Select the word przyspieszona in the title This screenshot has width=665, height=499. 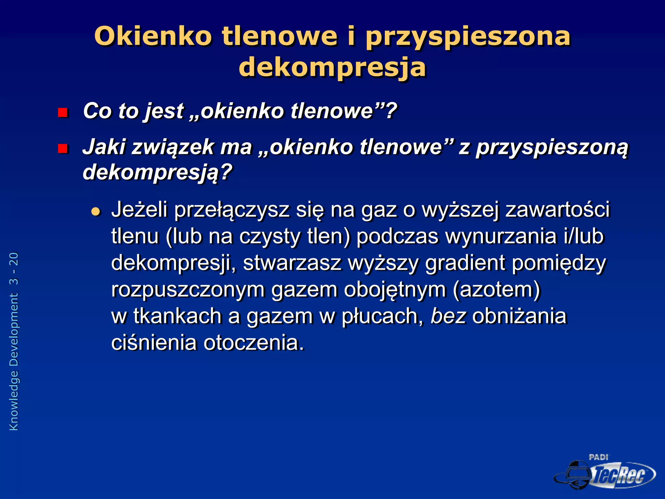pyautogui.click(x=468, y=36)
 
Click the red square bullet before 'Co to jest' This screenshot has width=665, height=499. pyautogui.click(x=62, y=112)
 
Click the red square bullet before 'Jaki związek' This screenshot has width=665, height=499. pyautogui.click(x=62, y=148)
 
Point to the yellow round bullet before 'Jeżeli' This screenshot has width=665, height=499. pyautogui.click(x=96, y=212)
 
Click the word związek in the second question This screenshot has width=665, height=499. pyautogui.click(x=173, y=147)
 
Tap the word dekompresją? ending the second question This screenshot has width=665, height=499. pyautogui.click(x=157, y=173)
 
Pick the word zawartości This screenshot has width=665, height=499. pyautogui.click(x=558, y=210)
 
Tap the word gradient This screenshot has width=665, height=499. pyautogui.click(x=465, y=263)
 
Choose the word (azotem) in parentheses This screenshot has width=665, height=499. pyautogui.click(x=496, y=289)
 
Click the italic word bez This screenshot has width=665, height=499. pyautogui.click(x=448, y=316)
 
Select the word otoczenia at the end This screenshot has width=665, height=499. pyautogui.click(x=254, y=343)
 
